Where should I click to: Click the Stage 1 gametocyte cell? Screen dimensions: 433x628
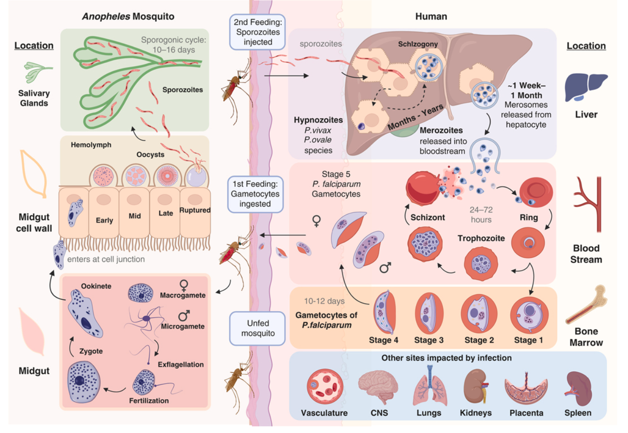click(x=530, y=313)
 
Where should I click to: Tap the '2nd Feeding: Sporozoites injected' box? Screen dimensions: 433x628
click(x=258, y=32)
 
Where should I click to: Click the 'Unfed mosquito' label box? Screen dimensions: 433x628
click(x=258, y=328)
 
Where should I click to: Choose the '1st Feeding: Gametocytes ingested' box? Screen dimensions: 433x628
click(x=255, y=194)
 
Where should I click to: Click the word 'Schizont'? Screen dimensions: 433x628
click(x=427, y=217)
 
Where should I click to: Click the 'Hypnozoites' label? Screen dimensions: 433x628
click(x=318, y=120)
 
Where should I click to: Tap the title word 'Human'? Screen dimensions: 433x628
click(x=431, y=16)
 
